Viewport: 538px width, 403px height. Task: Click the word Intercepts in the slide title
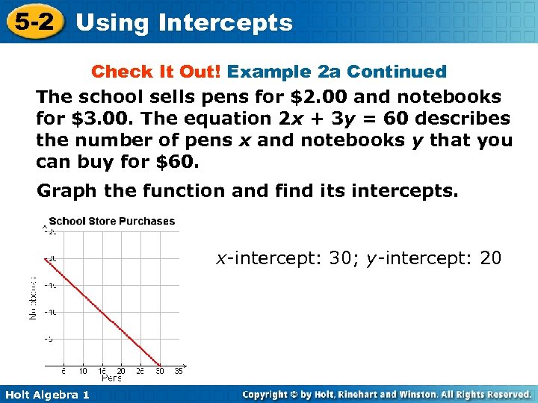(x=226, y=23)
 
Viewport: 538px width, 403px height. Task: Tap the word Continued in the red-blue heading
(x=397, y=72)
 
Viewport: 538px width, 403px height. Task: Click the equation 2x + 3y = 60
(x=334, y=119)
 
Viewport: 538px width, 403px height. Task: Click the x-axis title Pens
(x=111, y=378)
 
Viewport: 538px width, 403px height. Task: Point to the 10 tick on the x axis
(x=82, y=371)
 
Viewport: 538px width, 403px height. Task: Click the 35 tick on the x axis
(x=178, y=371)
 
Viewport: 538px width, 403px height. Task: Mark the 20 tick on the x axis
(x=120, y=371)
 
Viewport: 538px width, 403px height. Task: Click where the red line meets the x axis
(x=158, y=365)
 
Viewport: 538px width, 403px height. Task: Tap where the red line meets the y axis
(x=46, y=258)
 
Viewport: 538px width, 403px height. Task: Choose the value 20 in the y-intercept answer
(x=491, y=258)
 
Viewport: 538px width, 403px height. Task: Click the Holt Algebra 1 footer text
(x=46, y=394)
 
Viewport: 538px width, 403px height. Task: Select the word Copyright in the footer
(x=267, y=394)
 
